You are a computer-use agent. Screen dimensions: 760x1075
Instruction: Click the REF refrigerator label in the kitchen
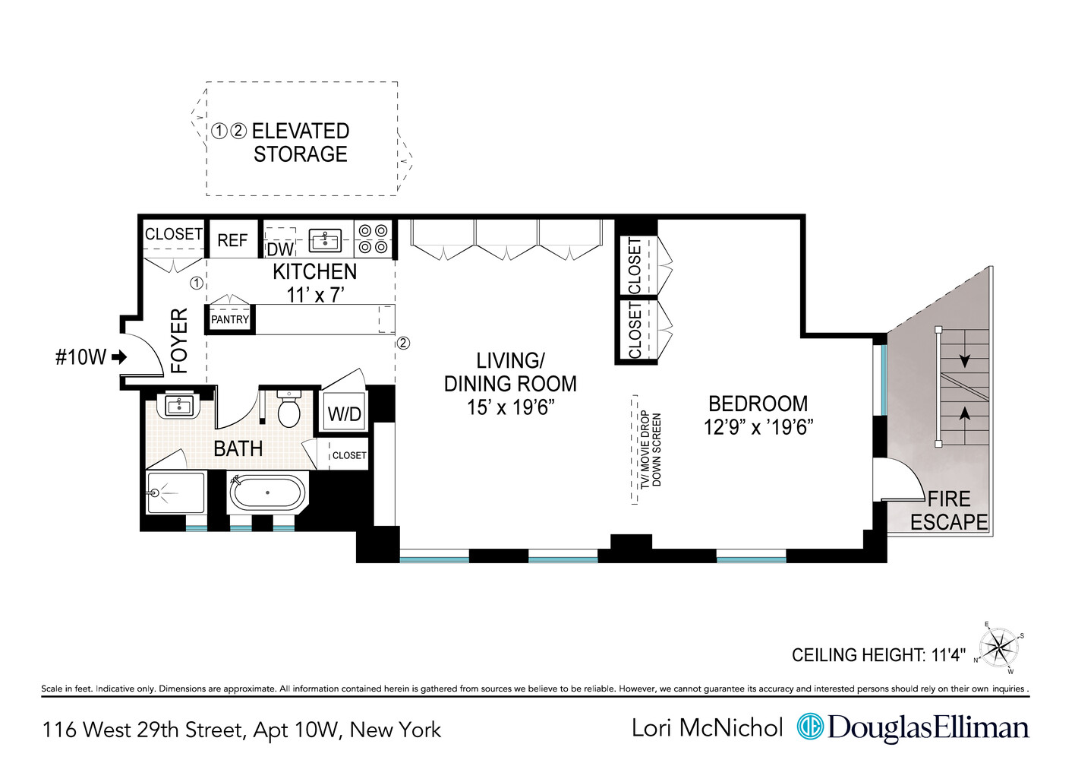point(232,240)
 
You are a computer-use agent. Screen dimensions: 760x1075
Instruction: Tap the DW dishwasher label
point(280,249)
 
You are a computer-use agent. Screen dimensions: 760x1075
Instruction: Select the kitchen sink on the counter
point(325,240)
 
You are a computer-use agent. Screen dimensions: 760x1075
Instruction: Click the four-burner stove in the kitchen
point(373,239)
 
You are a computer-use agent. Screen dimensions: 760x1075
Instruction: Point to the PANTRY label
point(229,320)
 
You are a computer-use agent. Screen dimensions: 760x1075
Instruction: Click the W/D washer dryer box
point(345,414)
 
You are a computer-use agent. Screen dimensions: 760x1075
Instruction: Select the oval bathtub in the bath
point(268,492)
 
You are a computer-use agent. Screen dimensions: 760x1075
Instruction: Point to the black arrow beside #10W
point(118,357)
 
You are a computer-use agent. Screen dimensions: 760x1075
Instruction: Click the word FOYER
point(179,340)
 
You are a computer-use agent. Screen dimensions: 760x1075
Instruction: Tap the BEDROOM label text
point(758,404)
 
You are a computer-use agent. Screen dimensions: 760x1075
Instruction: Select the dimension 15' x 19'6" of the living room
point(510,408)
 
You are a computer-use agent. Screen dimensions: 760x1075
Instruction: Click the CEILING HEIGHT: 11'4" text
point(878,655)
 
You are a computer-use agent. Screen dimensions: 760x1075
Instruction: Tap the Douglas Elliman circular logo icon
point(810,727)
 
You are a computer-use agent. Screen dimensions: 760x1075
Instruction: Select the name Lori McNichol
point(707,728)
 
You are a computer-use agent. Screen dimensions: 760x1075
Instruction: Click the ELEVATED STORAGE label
point(300,142)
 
